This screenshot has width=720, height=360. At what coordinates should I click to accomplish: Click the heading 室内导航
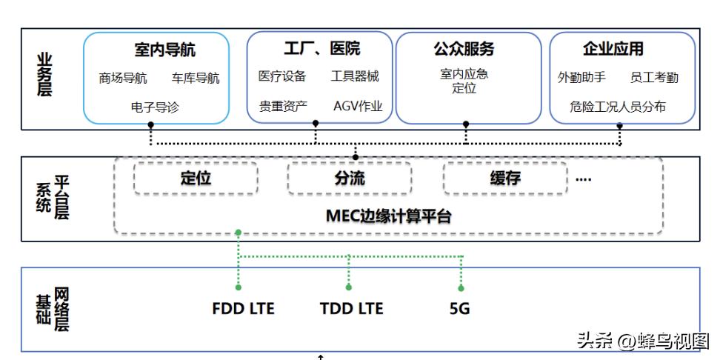(165, 50)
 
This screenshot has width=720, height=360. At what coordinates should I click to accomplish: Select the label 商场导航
(123, 79)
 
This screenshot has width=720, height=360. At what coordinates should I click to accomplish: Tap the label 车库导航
(196, 79)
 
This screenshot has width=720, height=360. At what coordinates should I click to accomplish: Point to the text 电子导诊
(155, 107)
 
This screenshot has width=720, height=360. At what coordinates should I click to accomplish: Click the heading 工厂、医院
(321, 49)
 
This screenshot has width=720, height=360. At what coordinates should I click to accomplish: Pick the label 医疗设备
(282, 76)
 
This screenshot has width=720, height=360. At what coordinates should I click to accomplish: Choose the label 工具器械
(355, 76)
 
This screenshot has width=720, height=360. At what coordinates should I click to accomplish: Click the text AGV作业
(358, 106)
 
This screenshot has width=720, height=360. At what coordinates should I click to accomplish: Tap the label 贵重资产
(283, 106)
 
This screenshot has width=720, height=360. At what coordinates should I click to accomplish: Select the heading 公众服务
(464, 50)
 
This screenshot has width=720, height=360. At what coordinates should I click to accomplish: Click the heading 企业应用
(613, 50)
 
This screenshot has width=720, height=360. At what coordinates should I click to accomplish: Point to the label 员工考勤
(654, 78)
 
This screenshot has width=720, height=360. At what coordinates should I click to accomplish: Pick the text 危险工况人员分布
(618, 107)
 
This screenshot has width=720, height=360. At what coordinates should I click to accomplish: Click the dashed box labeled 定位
(196, 179)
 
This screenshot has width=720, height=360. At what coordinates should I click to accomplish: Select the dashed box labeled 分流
(349, 179)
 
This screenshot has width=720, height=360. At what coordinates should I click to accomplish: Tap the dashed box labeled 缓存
(505, 179)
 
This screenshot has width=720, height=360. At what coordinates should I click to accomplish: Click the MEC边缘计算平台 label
(389, 217)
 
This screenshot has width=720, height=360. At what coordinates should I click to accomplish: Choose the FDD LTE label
(243, 309)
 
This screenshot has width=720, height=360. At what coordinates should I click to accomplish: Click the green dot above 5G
(461, 288)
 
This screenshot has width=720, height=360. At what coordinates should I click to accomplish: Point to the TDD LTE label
(352, 309)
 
